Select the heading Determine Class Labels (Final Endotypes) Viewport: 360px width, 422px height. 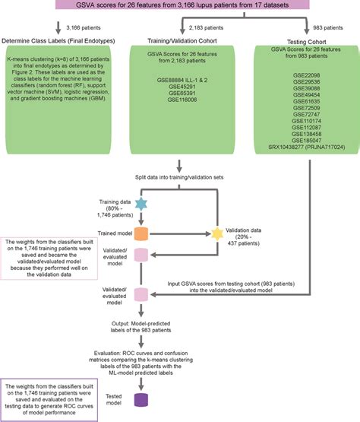point(53,40)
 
